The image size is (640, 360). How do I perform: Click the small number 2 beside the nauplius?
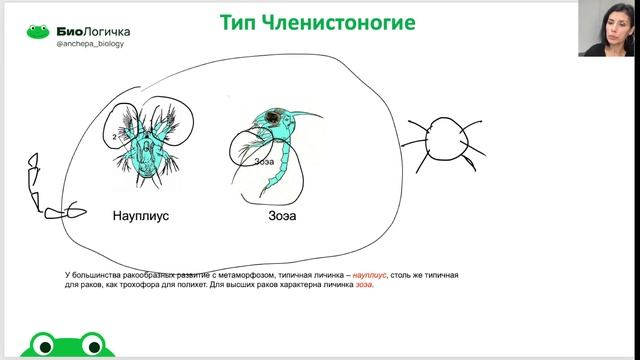point(117,137)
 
